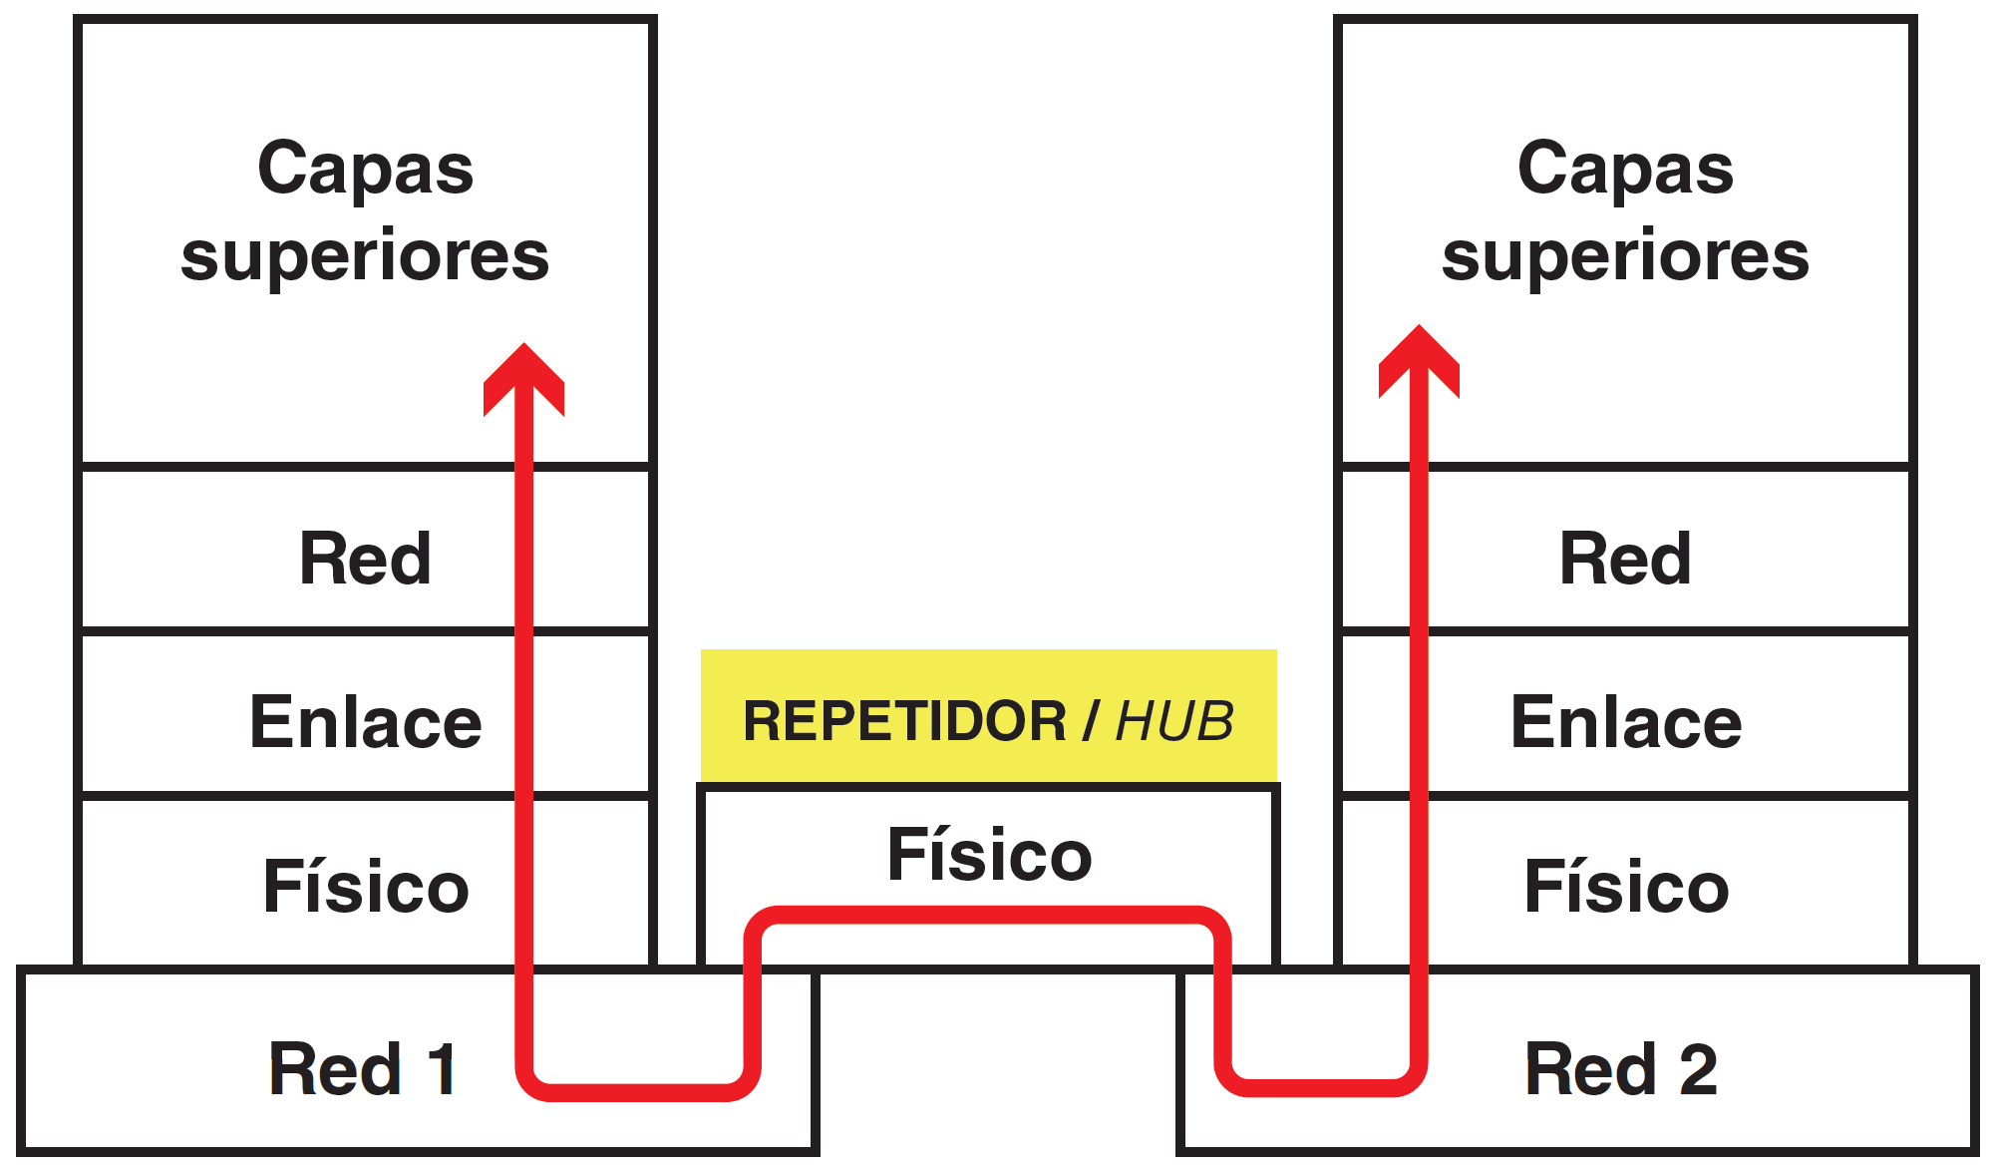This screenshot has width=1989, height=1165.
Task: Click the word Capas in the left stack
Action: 365,169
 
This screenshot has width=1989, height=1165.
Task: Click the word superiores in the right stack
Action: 1625,255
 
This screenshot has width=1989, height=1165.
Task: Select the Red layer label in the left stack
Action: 365,559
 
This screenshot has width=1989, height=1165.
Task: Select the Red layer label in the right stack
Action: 1625,559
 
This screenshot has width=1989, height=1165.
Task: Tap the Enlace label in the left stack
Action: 365,722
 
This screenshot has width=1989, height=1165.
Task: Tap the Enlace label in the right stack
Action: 1625,722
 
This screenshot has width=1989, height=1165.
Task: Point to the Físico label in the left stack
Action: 365,887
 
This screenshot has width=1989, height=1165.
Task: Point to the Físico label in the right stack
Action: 1625,887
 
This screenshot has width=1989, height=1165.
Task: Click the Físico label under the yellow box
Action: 989,855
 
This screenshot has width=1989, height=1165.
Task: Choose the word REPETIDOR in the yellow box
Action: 904,721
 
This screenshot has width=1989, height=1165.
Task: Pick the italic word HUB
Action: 1173,721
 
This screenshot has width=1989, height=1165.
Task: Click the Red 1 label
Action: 363,1069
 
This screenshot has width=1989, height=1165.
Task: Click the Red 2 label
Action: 1621,1069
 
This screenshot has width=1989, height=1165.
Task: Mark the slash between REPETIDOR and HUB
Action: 1091,721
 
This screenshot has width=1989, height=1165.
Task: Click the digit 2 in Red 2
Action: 1698,1069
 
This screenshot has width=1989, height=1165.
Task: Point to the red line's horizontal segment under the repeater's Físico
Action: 987,915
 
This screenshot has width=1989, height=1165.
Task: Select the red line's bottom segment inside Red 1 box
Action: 638,1092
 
